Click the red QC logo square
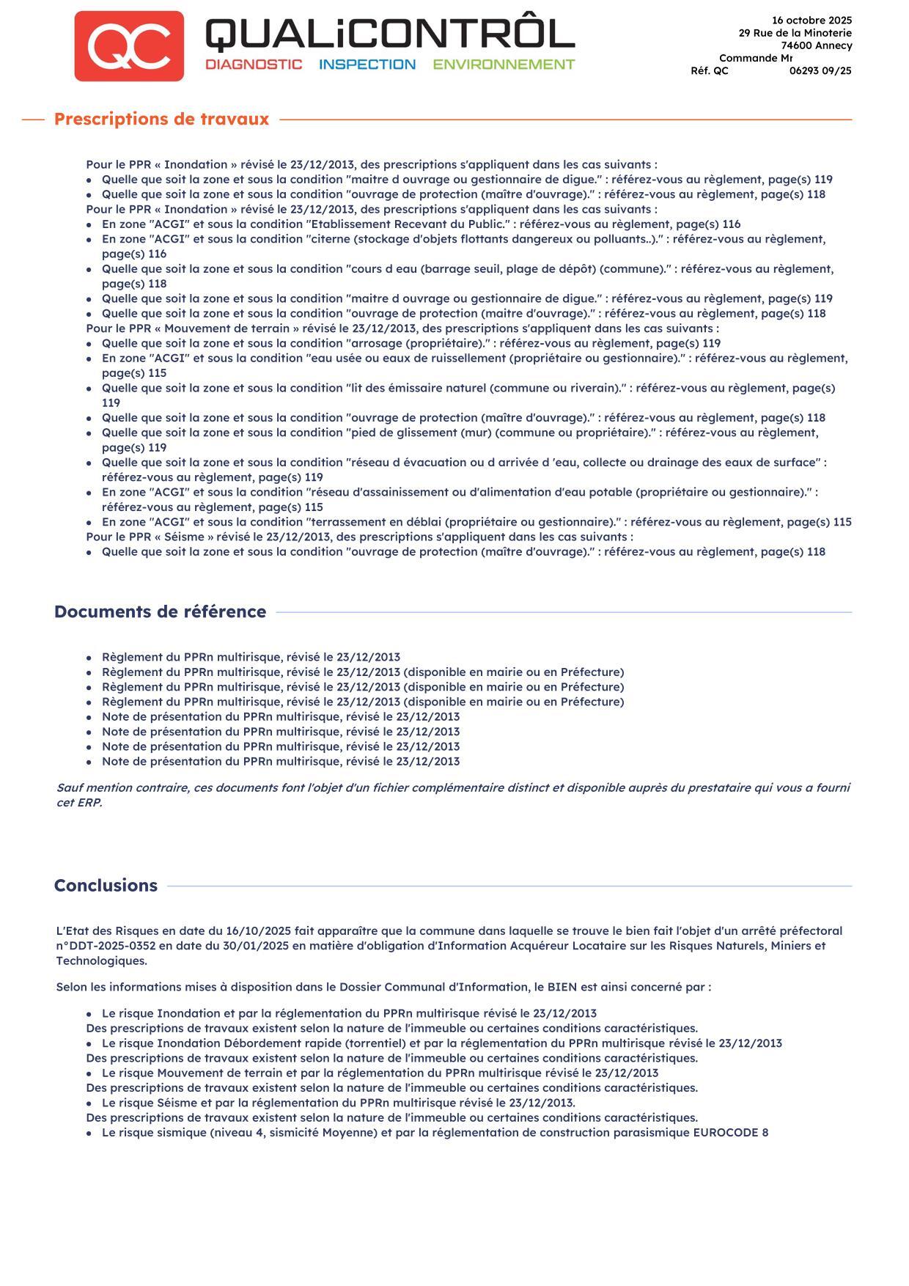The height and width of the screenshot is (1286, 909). pos(129,45)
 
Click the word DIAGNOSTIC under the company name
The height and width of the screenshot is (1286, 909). pos(254,65)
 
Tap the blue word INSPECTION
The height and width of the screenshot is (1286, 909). pos(367,65)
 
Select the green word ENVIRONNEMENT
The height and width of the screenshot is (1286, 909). pos(504,65)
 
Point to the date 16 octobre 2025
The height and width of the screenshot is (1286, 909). pos(812,21)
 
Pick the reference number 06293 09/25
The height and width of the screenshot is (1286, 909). pos(820,71)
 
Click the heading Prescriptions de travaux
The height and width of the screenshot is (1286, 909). pos(161,119)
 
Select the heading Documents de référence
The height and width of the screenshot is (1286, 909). pos(160,611)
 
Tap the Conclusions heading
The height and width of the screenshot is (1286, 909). pos(106,885)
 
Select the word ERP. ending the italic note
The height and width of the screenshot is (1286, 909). pos(89,803)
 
